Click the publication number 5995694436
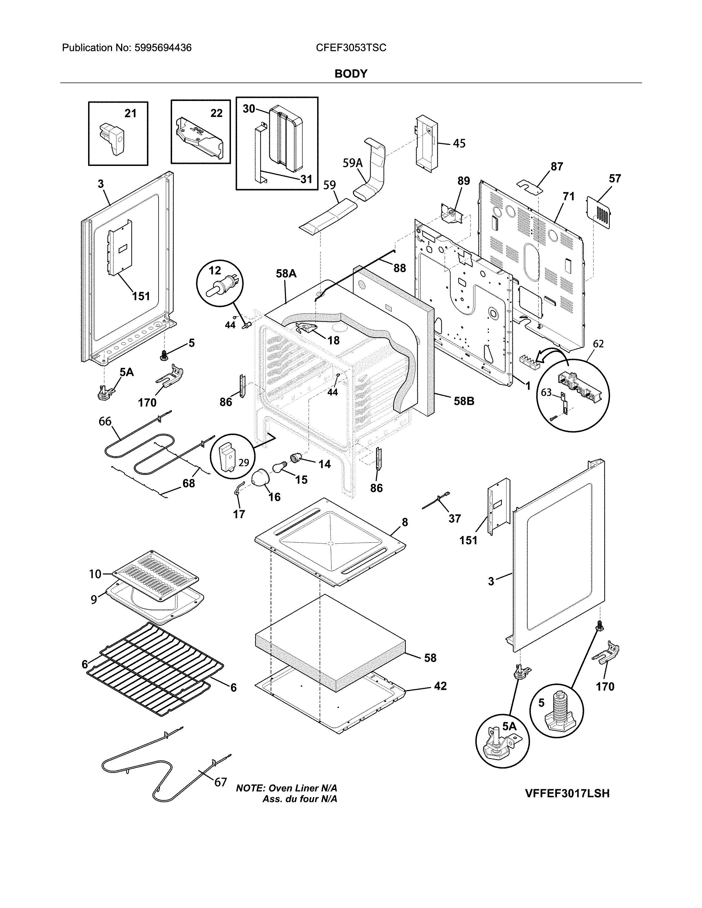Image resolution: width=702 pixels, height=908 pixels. click(163, 48)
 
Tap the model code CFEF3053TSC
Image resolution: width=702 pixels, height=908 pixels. click(351, 48)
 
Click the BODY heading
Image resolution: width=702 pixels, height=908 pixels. click(351, 74)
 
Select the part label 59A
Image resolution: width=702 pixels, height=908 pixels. click(353, 163)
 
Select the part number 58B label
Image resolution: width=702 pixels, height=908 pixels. click(464, 401)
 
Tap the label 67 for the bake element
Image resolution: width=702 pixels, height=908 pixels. click(221, 782)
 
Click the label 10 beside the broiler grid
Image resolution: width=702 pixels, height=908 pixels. click(95, 574)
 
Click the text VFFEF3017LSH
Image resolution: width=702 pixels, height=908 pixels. click(567, 793)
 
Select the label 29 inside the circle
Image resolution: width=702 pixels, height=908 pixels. click(243, 462)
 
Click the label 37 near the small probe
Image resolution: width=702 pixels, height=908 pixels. click(455, 518)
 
